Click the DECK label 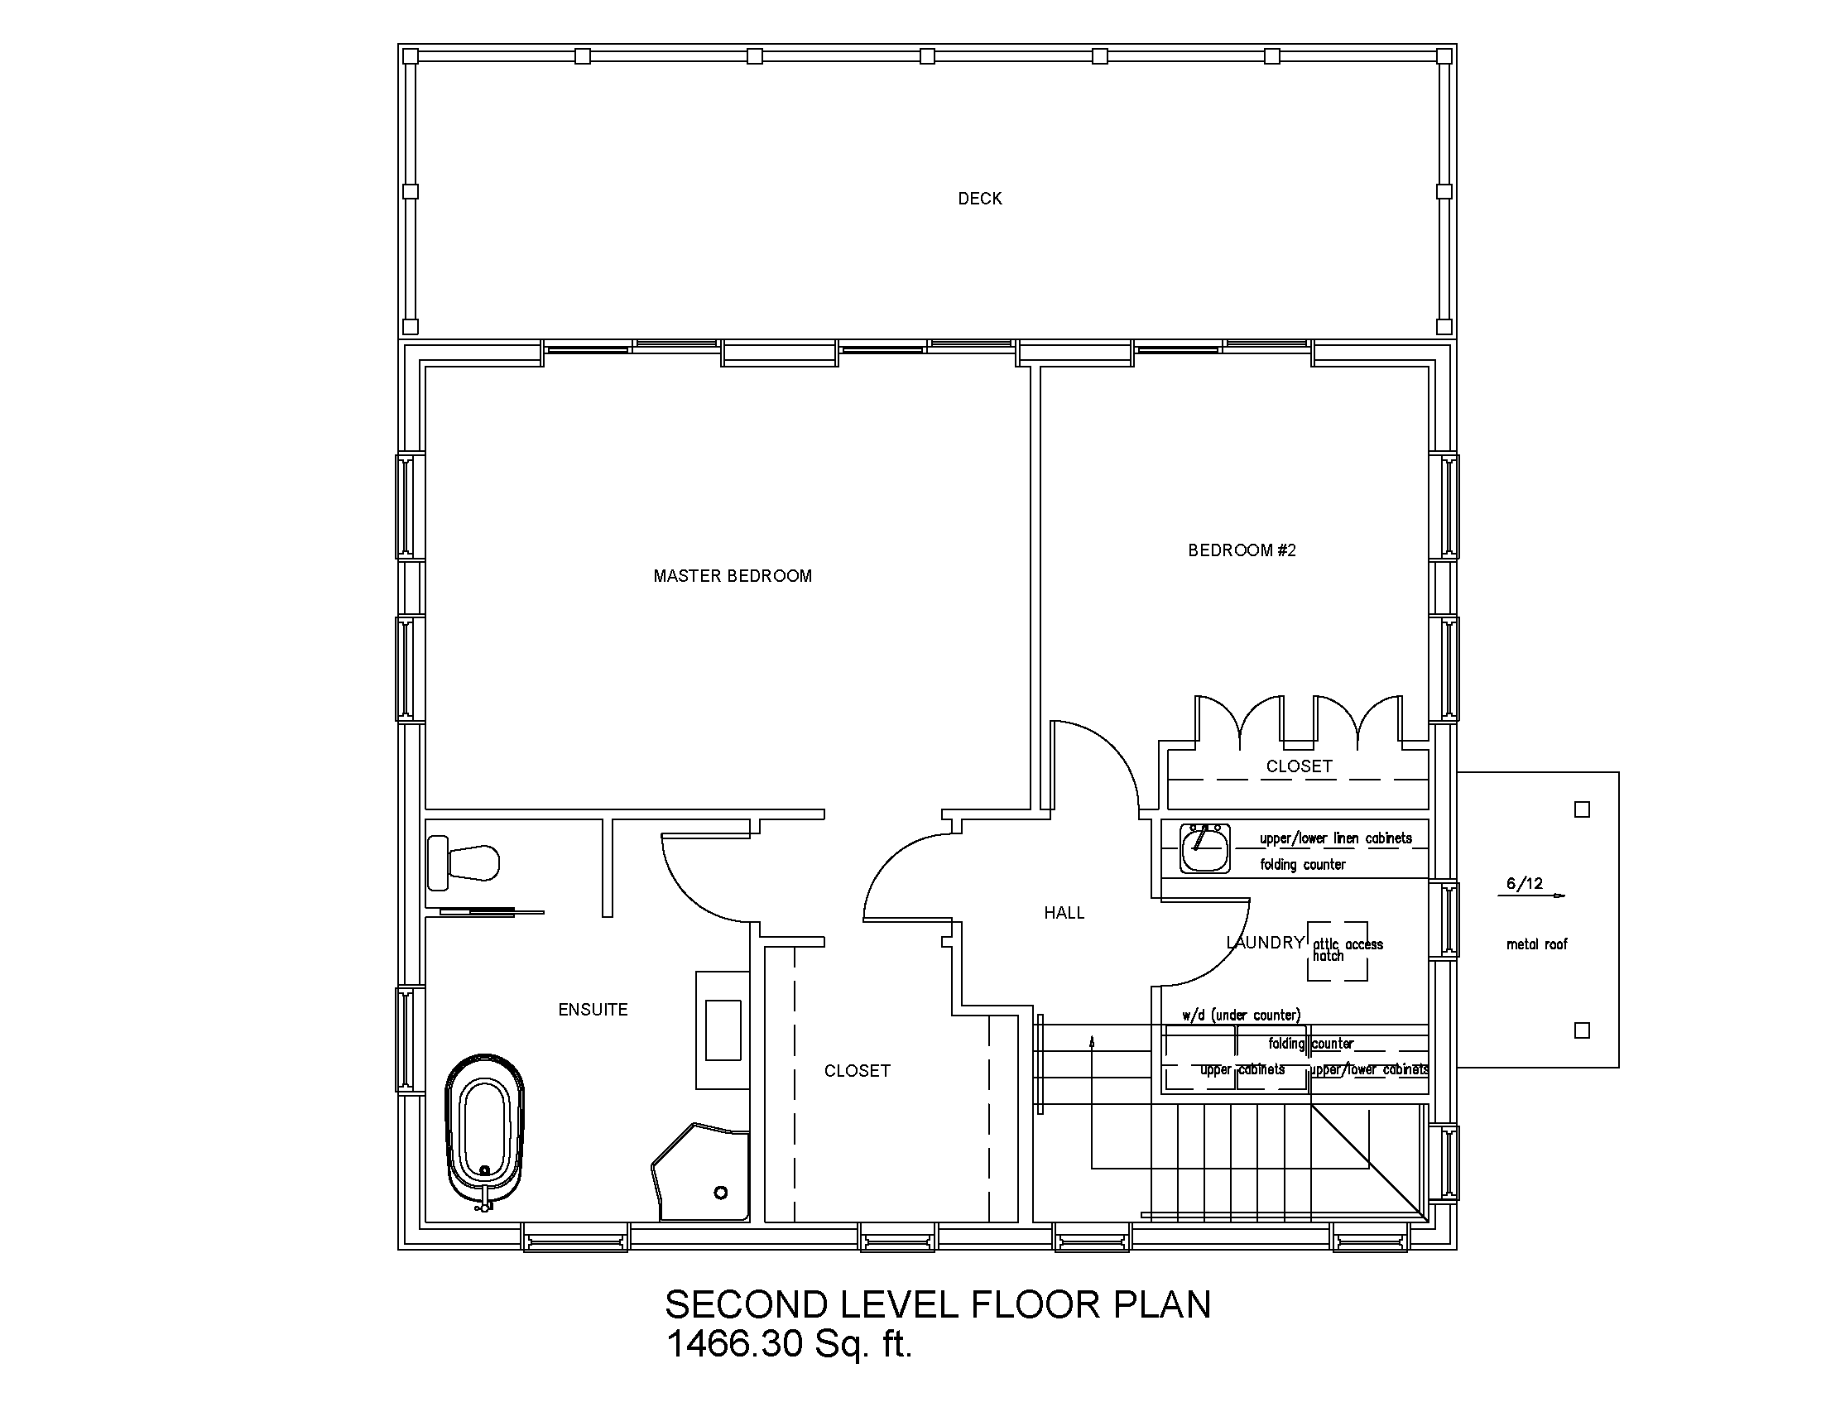980,199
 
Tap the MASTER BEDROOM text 732,576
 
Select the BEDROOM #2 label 1242,550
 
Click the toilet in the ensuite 464,863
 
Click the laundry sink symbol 1205,848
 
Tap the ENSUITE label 593,1010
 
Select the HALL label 1064,913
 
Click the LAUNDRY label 1264,943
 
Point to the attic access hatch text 1347,949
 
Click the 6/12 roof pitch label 1524,884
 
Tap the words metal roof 1537,944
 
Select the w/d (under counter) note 1241,1016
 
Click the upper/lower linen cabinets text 1336,838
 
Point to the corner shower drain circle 721,1193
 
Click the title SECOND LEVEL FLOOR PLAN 937,1304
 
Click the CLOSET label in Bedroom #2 1298,766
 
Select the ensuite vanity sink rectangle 723,1030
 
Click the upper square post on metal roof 1582,809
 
